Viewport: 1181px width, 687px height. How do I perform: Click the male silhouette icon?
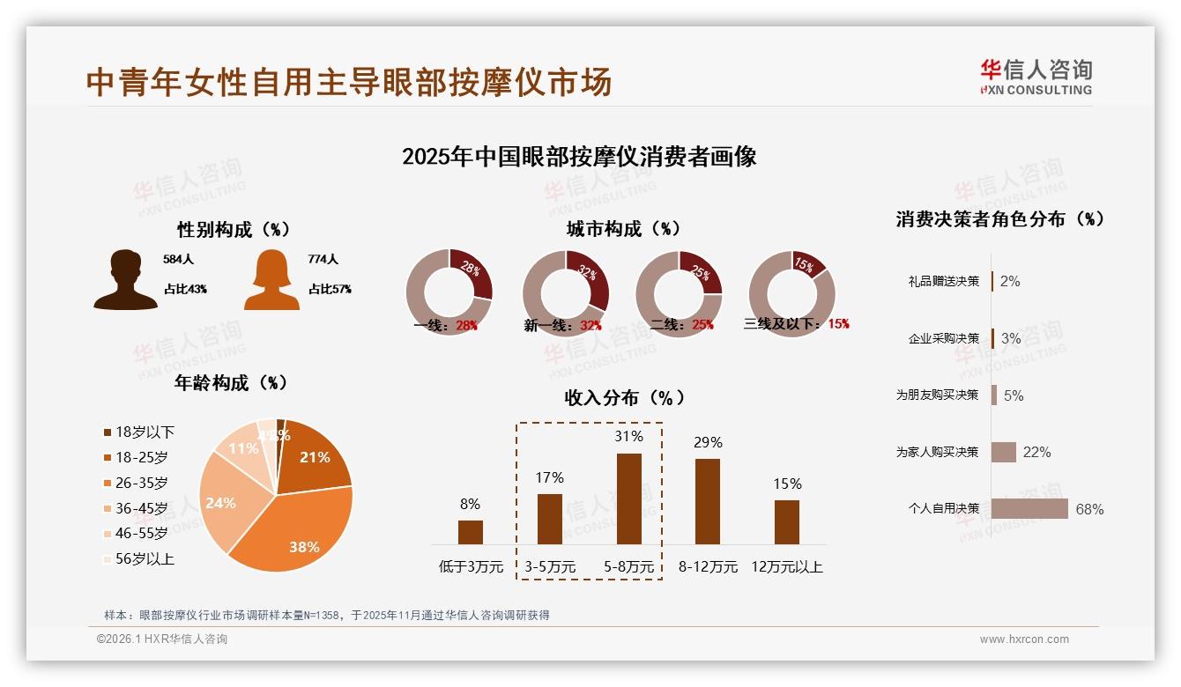point(126,280)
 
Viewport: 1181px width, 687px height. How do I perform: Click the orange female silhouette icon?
point(271,280)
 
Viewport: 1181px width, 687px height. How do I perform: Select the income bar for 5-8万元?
point(628,499)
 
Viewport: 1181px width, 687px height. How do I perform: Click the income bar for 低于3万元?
point(471,532)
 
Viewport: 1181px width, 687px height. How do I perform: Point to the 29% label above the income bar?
point(708,442)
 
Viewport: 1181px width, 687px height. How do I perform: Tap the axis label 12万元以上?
point(786,567)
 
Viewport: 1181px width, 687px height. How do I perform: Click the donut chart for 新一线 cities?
point(566,293)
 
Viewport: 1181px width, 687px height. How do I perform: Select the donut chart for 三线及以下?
point(791,293)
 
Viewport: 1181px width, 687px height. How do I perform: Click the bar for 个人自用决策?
point(1029,509)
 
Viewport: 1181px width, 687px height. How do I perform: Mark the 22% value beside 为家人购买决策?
point(1036,453)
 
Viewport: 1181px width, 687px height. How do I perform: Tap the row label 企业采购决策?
point(943,339)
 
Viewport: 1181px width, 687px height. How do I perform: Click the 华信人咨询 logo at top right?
point(1036,78)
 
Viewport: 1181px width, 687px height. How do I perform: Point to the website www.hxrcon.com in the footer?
point(1024,639)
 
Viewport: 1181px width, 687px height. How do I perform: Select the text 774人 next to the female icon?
point(323,260)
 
